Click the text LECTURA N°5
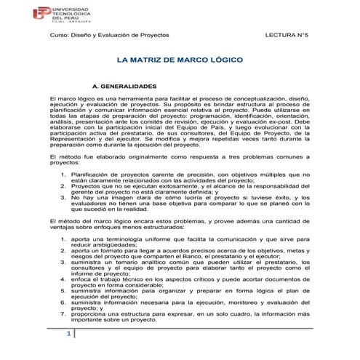(x=289, y=35)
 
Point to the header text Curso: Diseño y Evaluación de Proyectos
(x=108, y=35)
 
